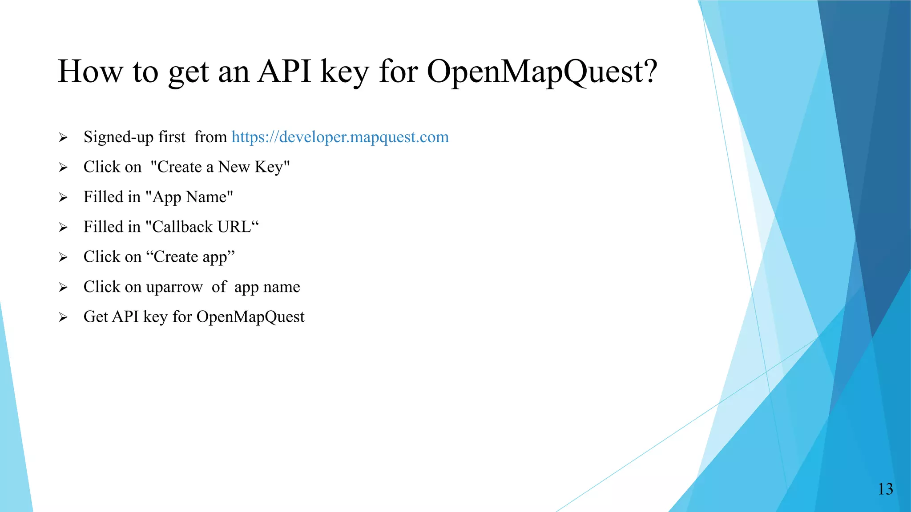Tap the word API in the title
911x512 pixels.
[284, 72]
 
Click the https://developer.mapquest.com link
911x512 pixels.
[340, 137]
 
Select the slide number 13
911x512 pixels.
[885, 489]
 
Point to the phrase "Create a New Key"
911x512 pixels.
[220, 167]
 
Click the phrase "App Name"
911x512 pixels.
[189, 197]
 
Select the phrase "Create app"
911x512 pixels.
[190, 257]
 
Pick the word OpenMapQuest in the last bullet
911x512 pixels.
[250, 317]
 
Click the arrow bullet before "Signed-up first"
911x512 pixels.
[63, 138]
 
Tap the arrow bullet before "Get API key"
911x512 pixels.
[63, 317]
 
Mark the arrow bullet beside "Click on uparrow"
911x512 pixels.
[63, 288]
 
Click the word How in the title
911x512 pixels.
[90, 72]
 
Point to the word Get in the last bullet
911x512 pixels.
[96, 317]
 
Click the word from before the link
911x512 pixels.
[211, 137]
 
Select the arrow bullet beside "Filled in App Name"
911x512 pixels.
[63, 197]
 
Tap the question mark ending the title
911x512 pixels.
[650, 72]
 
